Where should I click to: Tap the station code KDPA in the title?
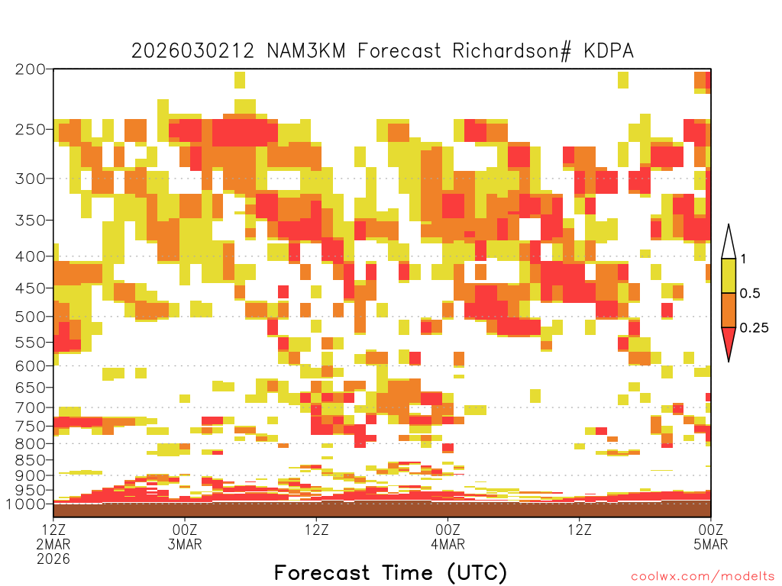(609, 51)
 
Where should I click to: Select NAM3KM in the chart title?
(306, 51)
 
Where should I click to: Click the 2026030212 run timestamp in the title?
(192, 51)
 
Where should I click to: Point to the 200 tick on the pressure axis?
(31, 69)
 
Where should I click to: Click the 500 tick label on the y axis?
(31, 317)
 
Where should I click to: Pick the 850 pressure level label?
(31, 460)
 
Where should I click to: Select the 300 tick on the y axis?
(31, 179)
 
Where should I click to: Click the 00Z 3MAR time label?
(185, 536)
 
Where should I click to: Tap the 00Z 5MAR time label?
(711, 536)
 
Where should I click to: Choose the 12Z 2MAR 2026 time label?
(53, 544)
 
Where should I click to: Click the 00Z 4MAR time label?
(448, 536)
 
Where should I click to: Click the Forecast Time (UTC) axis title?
(390, 573)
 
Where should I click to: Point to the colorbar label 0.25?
(754, 328)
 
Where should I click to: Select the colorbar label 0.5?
(750, 293)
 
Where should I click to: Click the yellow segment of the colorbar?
(729, 275)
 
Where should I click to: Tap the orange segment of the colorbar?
(729, 310)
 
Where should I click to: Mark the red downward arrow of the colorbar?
(729, 340)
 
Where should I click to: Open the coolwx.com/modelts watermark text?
(703, 577)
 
